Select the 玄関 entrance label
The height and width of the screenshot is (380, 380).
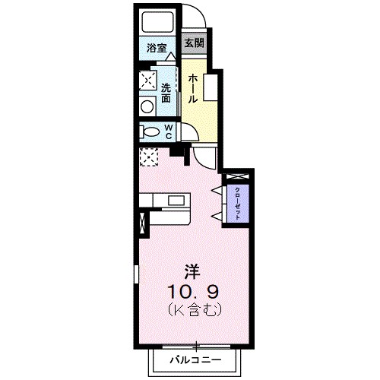click(x=193, y=43)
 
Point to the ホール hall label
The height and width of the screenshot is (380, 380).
click(x=194, y=88)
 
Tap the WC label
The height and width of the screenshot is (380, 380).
click(x=166, y=131)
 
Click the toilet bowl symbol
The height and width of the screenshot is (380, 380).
click(x=147, y=131)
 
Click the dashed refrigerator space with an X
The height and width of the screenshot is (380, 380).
click(x=147, y=156)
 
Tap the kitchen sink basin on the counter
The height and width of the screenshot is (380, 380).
click(x=177, y=201)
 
